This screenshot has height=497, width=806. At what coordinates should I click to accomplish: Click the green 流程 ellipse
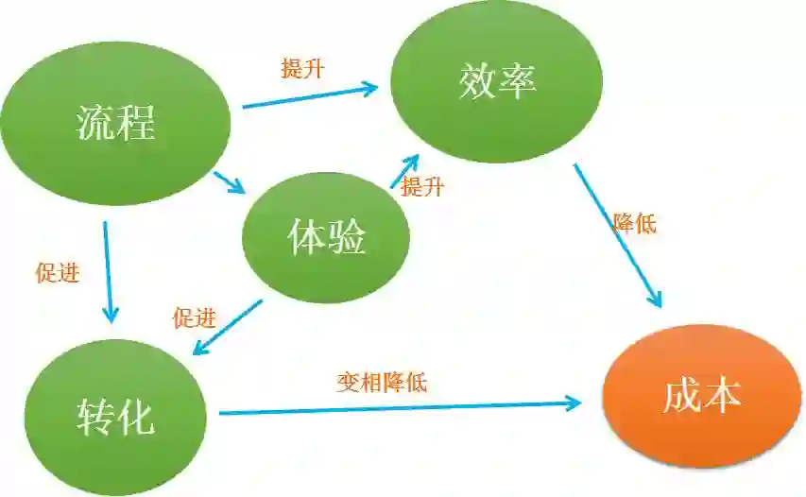[115, 123]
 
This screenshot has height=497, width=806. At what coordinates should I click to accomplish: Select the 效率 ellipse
[497, 83]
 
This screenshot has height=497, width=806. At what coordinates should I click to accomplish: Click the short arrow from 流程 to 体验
[229, 182]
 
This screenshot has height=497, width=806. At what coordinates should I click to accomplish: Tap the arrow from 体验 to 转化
[227, 327]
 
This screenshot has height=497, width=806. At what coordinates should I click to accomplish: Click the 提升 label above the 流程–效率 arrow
[302, 69]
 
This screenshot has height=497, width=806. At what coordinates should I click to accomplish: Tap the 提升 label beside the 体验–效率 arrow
[422, 187]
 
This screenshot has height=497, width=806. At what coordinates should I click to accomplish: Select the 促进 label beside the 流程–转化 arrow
[57, 273]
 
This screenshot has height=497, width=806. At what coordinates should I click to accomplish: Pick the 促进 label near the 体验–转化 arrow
[194, 318]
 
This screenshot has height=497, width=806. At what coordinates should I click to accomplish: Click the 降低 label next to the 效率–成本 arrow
[634, 224]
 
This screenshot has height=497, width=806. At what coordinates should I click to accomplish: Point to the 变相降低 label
[382, 383]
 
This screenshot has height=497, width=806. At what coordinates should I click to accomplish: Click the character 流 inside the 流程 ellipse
[95, 124]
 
